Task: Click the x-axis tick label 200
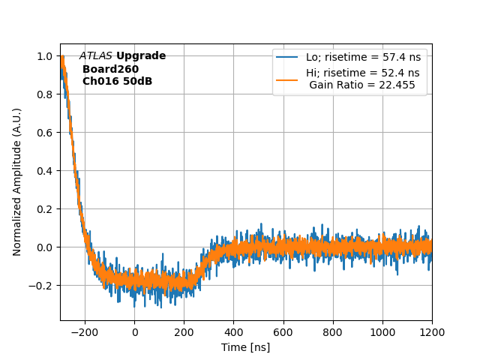(x=184, y=332)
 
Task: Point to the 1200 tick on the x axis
(x=432, y=332)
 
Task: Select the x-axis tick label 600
(x=283, y=332)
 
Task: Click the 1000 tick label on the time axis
(x=382, y=332)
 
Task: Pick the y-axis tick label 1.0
(x=45, y=56)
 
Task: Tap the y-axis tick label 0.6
(x=45, y=133)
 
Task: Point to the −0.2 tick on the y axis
(x=40, y=286)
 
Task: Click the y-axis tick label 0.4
(x=45, y=171)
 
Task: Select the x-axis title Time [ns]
(x=246, y=347)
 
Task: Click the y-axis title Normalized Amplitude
(x=17, y=181)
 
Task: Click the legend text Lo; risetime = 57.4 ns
(x=362, y=57)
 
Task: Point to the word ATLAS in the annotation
(x=96, y=56)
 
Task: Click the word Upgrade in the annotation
(x=141, y=56)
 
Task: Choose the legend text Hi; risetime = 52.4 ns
(x=362, y=73)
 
